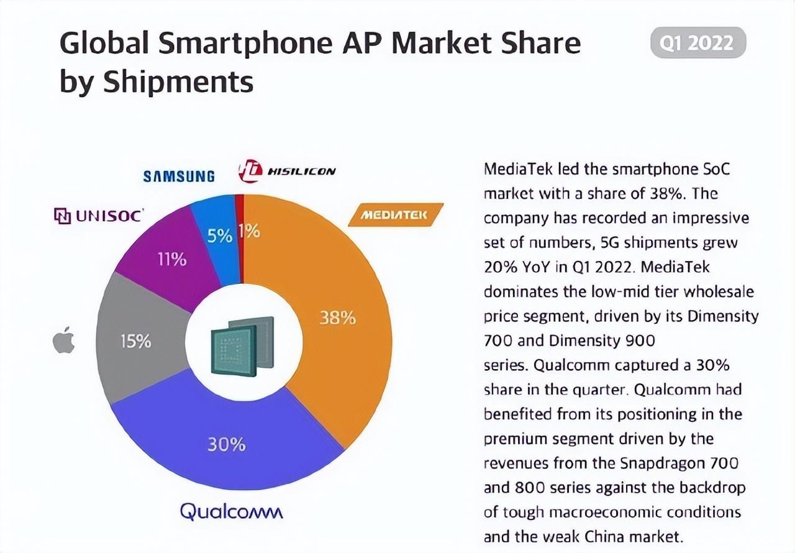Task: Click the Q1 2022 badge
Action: [x=697, y=43]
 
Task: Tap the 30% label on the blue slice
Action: [x=226, y=445]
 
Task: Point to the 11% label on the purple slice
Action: [x=171, y=259]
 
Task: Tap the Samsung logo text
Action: [x=179, y=176]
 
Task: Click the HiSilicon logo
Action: [x=286, y=171]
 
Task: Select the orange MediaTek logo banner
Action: [x=395, y=215]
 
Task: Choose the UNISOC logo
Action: [x=99, y=216]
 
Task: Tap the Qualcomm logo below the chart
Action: [x=231, y=511]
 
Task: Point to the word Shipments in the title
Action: [x=178, y=81]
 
